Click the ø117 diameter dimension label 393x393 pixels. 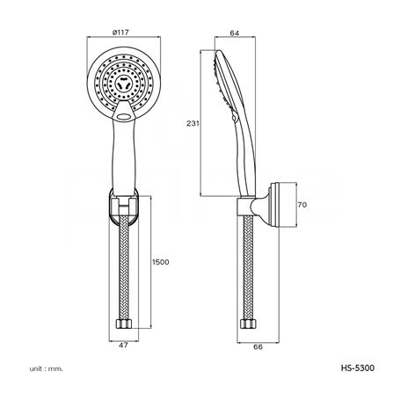[120, 33]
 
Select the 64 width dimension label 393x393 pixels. [235, 33]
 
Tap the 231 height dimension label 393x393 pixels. [193, 123]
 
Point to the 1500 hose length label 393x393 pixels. [161, 262]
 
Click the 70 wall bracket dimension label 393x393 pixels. [302, 205]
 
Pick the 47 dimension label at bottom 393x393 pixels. [123, 346]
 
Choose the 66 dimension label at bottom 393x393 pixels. [258, 346]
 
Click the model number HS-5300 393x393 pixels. [358, 368]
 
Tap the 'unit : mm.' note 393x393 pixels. [47, 368]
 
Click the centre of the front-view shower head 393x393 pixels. [124, 83]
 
